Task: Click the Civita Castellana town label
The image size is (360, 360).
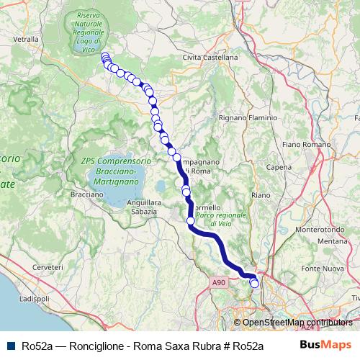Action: tap(210, 57)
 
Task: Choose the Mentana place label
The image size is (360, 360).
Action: tap(333, 240)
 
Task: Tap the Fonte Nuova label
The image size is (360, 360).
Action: tap(321, 269)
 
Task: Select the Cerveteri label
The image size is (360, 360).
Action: tap(48, 267)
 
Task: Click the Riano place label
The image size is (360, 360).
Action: tap(261, 195)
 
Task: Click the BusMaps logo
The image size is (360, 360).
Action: tap(325, 344)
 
